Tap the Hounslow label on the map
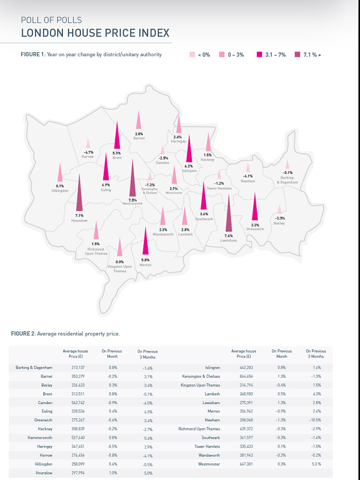pos(79,221)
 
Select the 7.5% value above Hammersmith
pos(133,200)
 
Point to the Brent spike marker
pos(117,135)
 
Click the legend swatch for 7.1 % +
pos(298,54)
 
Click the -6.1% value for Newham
pos(248,176)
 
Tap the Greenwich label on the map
pos(255,229)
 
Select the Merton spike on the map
pos(145,241)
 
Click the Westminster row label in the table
pos(209,464)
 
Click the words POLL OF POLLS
pos(51,21)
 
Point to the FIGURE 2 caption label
pos(24,334)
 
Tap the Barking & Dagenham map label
pos(287,180)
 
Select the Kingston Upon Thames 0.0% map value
pos(120,262)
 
